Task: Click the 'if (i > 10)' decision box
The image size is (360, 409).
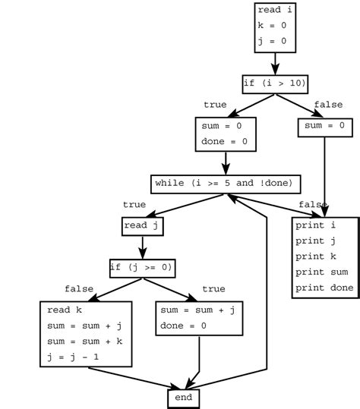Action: point(275,83)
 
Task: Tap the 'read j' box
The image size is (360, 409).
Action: point(143,225)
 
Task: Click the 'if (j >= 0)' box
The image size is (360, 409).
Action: point(142,267)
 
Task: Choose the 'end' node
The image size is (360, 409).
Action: point(184,398)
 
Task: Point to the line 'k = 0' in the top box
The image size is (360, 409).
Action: point(272,26)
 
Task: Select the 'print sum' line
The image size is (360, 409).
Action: point(324,272)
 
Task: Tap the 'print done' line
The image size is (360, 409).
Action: point(324,288)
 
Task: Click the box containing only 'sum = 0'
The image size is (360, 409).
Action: point(325,126)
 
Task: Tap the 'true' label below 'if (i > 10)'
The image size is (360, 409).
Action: point(215,105)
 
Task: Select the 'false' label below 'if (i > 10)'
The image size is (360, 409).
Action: point(328,105)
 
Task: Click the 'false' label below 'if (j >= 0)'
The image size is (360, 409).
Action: point(79,289)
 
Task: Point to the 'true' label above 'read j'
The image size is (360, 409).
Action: point(134,205)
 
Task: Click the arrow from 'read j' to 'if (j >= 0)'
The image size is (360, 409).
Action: point(142,247)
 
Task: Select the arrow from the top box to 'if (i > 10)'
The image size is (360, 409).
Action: point(275,64)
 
